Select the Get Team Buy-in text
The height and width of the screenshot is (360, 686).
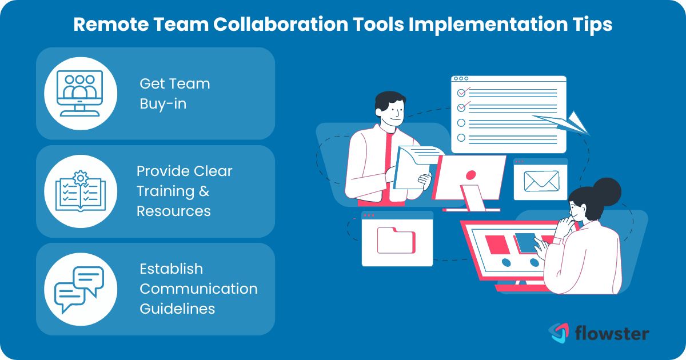coord(174,94)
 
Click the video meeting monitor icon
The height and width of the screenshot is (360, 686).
coord(81,93)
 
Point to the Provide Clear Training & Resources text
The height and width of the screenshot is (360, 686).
coord(184,191)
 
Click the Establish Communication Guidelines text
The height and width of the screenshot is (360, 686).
coord(198,289)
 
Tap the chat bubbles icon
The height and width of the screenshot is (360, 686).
coord(79,289)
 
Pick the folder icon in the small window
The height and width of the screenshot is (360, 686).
coord(396,240)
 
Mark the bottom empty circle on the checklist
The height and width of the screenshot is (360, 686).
coord(461,138)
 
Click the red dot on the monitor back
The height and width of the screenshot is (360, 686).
coord(470,174)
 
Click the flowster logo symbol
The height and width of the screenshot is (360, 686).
coord(559,333)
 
